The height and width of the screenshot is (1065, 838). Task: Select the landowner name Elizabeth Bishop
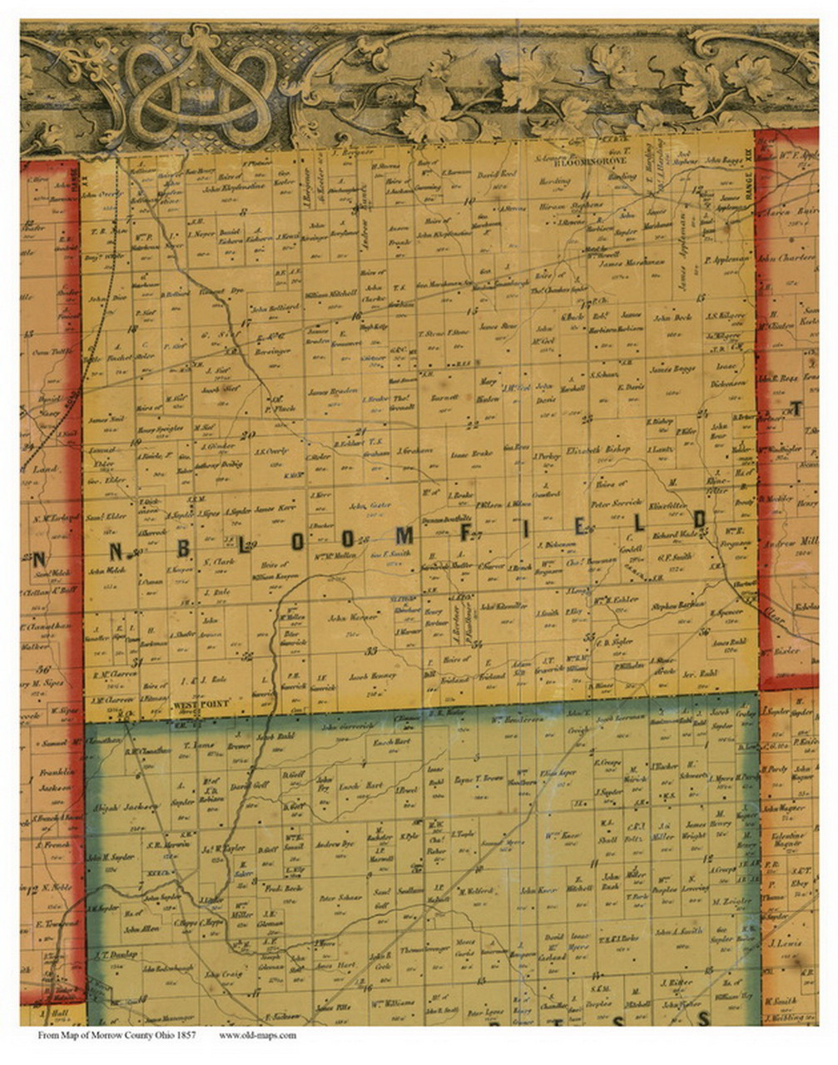(x=598, y=449)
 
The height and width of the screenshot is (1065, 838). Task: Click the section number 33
(x=372, y=650)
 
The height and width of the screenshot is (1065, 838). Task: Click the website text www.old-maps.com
(x=257, y=1036)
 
